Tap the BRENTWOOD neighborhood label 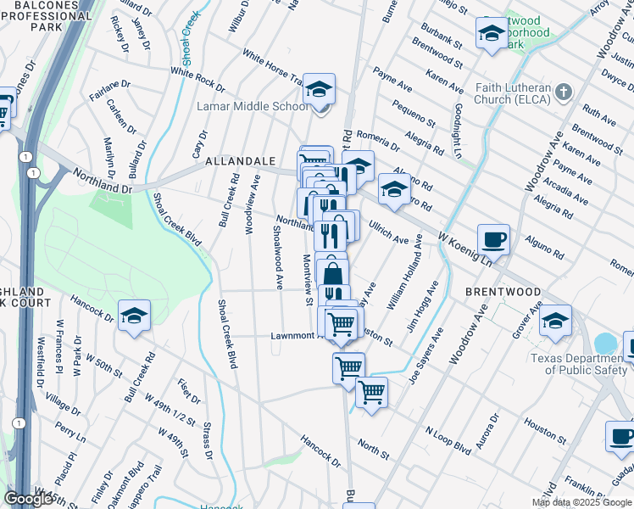[x=503, y=291]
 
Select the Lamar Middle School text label [x=252, y=107]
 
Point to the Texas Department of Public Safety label [x=581, y=363]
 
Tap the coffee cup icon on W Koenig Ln [x=493, y=239]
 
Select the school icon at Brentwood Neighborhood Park [x=491, y=33]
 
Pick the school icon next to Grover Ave [x=555, y=321]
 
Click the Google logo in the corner [x=29, y=499]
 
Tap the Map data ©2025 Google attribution [x=581, y=502]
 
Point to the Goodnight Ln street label [x=458, y=132]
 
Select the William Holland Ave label [x=405, y=277]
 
